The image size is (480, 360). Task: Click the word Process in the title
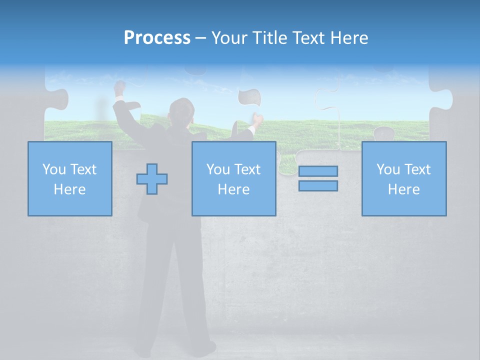157,38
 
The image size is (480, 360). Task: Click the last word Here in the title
348,38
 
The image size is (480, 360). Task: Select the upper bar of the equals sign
318,171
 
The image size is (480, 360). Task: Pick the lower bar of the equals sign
318,185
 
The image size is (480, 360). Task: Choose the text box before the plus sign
69,178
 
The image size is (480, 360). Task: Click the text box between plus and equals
233,178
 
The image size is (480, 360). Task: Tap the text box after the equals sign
403,178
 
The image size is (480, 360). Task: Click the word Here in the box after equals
403,189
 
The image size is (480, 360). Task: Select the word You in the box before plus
53,169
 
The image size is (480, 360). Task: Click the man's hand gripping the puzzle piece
257,120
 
